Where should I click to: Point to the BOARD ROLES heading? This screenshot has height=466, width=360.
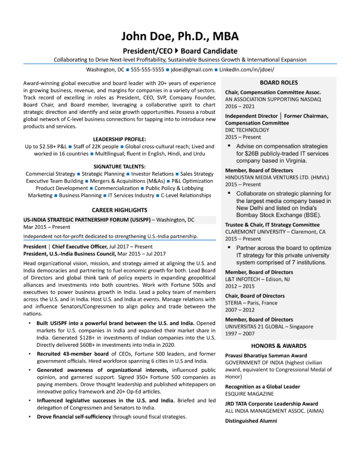279,83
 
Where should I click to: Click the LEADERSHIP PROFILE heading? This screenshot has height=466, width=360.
119,139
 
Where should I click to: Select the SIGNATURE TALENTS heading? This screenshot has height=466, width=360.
119,167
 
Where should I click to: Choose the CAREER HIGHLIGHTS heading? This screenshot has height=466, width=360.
119,210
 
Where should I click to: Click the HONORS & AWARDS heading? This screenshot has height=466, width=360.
279,345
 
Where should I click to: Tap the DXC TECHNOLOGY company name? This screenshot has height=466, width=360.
247,130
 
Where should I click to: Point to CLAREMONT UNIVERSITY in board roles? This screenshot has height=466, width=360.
253,232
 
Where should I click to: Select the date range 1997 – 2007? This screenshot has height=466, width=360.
240,334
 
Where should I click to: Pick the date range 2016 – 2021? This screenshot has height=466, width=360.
240,106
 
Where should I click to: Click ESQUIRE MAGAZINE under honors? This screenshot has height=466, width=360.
249,393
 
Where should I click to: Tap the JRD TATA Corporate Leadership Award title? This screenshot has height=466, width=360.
272,404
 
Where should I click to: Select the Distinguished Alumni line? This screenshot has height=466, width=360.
251,421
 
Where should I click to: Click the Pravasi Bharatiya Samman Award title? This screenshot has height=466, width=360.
266,355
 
